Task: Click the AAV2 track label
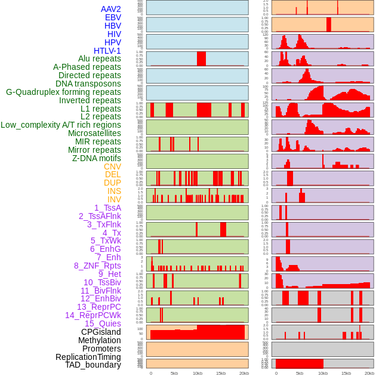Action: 110,9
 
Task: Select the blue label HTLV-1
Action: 107,51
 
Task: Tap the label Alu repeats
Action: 99,58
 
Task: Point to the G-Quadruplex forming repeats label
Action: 63,92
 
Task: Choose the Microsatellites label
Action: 94,133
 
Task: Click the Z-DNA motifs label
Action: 96,158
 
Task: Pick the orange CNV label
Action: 112,167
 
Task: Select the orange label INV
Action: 114,199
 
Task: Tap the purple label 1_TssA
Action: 107,208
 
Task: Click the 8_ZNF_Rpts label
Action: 97,266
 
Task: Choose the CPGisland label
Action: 101,332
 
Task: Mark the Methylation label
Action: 100,340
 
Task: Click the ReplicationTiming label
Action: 88,357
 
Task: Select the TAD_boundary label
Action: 93,365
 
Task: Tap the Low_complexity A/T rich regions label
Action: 60,125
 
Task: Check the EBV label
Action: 113,17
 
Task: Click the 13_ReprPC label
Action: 98,307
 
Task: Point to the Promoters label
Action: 101,349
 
